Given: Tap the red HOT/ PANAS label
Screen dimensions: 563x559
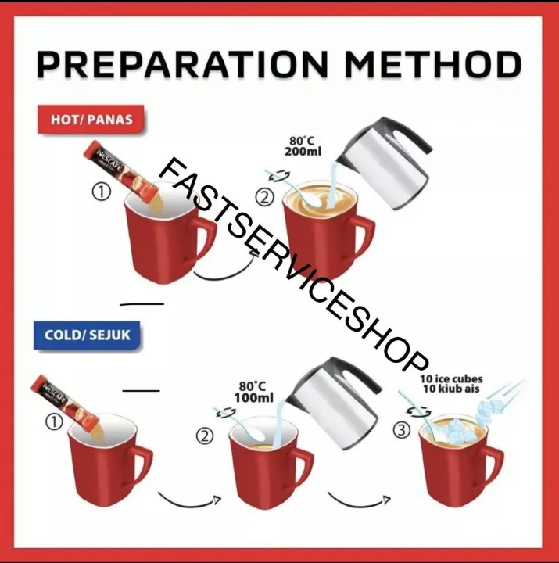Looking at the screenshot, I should (91, 120).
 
